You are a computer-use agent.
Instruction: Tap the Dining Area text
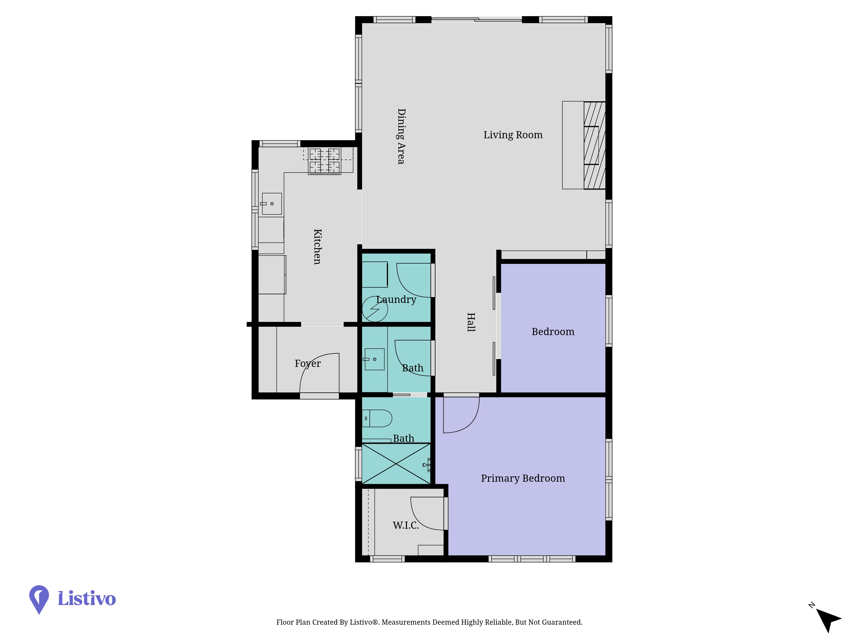pos(401,136)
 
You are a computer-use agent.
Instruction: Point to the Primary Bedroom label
pos(523,478)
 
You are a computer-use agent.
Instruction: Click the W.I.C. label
pos(406,525)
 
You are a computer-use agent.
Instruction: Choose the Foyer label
pos(308,364)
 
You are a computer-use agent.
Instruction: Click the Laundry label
pos(396,300)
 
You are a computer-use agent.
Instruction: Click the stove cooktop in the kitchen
pos(325,161)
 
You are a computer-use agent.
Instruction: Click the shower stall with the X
pos(396,464)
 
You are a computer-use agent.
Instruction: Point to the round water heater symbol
pos(375,309)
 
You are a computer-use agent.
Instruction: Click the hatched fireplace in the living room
pos(595,146)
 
